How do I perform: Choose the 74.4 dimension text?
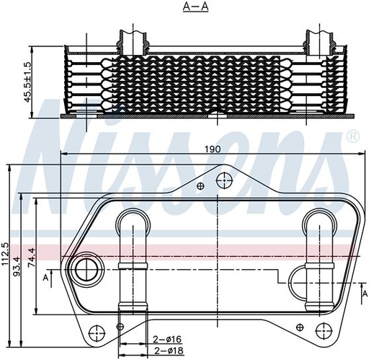click(x=30, y=258)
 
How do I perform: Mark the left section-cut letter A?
click(x=45, y=277)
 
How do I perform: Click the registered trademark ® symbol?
click(x=352, y=136)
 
